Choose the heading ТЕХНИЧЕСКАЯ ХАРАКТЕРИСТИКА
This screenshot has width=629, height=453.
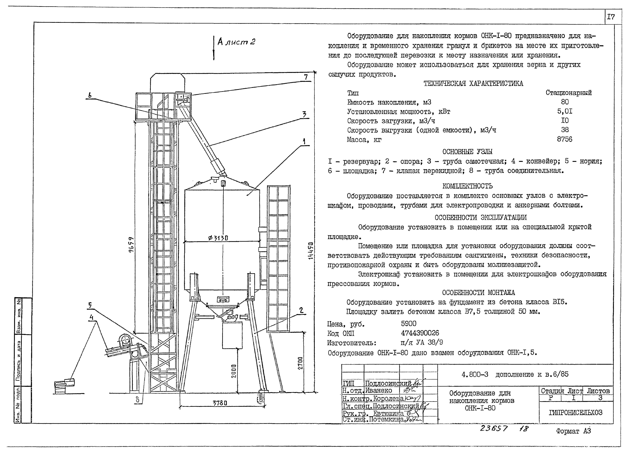[x=473, y=83]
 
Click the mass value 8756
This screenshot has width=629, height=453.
[x=564, y=139]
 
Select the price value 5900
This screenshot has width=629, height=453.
[x=409, y=324]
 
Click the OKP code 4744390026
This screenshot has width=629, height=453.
[x=420, y=333]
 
